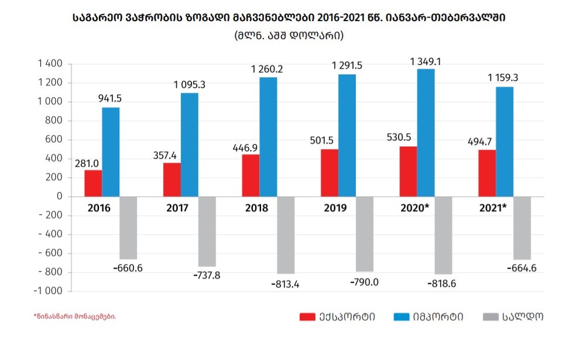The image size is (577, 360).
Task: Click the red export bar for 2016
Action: (93, 183)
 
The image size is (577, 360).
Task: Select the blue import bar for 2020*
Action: (425, 133)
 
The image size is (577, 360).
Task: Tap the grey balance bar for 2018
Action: (286, 235)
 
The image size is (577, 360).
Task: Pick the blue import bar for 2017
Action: (189, 145)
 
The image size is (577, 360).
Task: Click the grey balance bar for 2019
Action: (364, 234)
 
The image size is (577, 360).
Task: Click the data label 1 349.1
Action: (426, 61)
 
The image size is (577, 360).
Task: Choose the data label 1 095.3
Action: (189, 85)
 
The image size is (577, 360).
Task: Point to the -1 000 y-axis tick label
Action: (48, 291)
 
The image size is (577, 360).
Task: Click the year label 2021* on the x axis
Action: (492, 208)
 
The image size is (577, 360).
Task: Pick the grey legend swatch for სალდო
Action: (492, 317)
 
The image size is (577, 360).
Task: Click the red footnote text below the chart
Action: (75, 316)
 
